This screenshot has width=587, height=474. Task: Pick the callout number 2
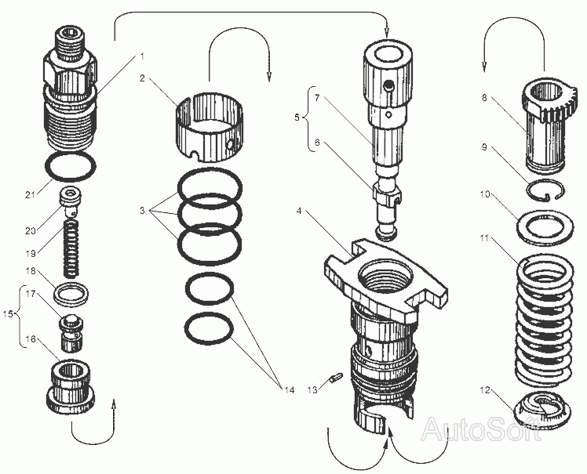[x=143, y=78]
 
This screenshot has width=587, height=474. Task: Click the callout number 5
[x=297, y=118]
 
